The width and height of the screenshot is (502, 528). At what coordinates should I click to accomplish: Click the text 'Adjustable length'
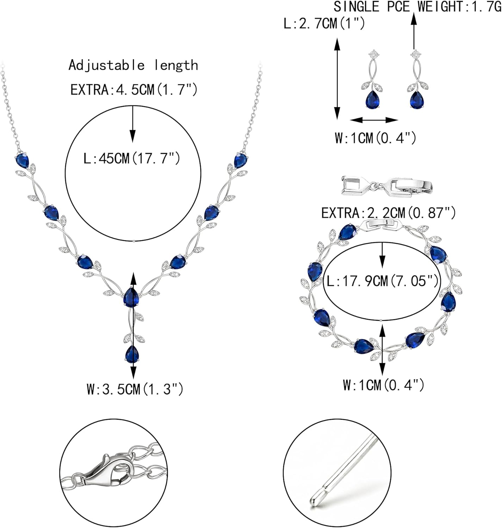133,65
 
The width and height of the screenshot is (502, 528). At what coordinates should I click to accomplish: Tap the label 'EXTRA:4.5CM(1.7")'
134,90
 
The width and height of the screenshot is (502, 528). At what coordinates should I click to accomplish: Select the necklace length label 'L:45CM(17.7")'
132,158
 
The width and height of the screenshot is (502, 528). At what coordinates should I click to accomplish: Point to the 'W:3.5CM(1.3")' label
135,389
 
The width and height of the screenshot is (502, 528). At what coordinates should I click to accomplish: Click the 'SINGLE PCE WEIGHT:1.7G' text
417,6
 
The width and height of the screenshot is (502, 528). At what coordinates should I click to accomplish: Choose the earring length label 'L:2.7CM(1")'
324,24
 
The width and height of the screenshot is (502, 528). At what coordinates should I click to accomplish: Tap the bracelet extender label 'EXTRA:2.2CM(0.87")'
389,213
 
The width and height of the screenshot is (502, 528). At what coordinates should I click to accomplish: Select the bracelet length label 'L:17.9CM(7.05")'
383,281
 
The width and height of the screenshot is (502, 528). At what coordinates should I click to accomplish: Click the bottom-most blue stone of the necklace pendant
132,354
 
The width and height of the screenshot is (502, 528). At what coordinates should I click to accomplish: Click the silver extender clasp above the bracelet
386,186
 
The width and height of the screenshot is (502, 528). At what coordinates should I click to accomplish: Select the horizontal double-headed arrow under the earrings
374,120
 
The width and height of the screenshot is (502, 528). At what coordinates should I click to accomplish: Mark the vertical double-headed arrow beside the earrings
337,79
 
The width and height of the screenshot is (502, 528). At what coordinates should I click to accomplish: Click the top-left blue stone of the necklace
22,161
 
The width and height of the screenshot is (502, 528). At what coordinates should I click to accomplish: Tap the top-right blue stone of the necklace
241,161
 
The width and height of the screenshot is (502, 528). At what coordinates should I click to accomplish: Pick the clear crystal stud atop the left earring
373,54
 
